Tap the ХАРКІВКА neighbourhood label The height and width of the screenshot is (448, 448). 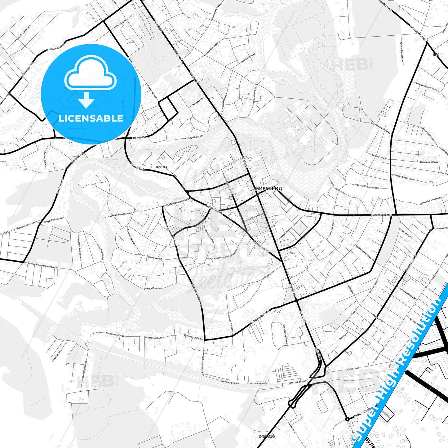tap(161, 167)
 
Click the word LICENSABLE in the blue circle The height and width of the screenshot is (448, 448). tap(91, 118)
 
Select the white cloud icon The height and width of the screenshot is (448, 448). tap(90, 73)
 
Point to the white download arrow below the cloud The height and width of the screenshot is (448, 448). tap(86, 100)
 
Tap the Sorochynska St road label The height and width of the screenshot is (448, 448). tap(382, 215)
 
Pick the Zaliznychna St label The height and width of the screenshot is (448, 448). tap(353, 368)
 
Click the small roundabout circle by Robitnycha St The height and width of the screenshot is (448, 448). tap(347, 419)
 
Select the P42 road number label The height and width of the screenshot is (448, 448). tap(437, 55)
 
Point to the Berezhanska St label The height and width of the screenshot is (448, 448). tap(331, 228)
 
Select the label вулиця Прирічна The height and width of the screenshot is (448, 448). tap(153, 289)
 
